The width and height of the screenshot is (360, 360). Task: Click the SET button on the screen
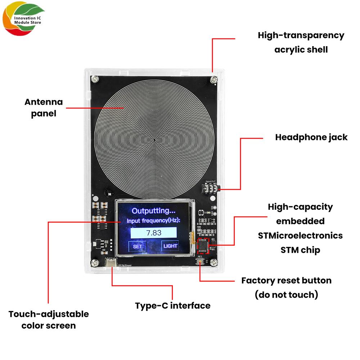pos(138,247)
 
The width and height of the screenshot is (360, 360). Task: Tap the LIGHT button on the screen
pos(170,246)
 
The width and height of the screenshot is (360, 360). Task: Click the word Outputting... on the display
pos(153,211)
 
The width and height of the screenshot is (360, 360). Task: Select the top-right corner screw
pos(214,78)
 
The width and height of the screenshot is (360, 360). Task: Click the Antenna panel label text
pos(44,108)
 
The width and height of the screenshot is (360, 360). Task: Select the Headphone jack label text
pos(311,137)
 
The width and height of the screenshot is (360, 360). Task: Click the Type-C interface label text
pos(173,306)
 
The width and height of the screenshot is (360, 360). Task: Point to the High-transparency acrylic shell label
pos(301,42)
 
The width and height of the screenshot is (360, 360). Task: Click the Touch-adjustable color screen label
pos(49,319)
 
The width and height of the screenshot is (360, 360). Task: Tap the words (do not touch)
pos(287,294)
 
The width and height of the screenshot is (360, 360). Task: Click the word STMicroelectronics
pos(300,235)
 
